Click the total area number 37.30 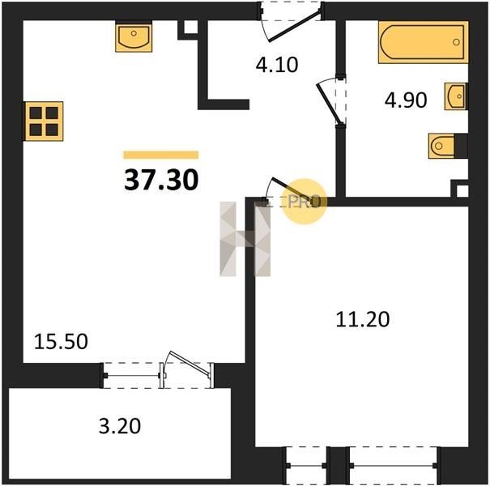(x=161, y=180)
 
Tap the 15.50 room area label (x=61, y=341)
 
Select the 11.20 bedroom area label (x=363, y=319)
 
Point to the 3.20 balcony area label (x=120, y=426)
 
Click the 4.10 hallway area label (x=277, y=65)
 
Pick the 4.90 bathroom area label (x=406, y=100)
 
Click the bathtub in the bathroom (x=423, y=42)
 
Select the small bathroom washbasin (x=456, y=96)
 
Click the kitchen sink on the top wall (x=134, y=36)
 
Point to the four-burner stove (x=44, y=122)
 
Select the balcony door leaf (x=189, y=363)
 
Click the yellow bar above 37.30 (x=161, y=155)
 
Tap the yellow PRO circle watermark (x=304, y=201)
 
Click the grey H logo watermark (x=245, y=239)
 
